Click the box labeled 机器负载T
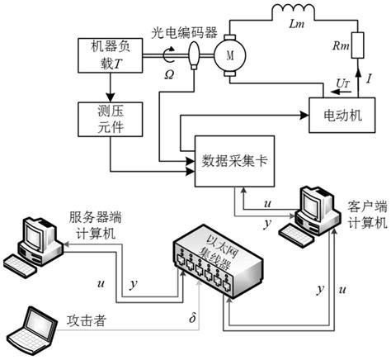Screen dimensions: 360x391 point(108,55)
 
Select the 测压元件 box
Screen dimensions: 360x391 point(108,120)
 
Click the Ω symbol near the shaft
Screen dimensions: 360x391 point(168,74)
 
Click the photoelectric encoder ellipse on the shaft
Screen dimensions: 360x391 point(195,55)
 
